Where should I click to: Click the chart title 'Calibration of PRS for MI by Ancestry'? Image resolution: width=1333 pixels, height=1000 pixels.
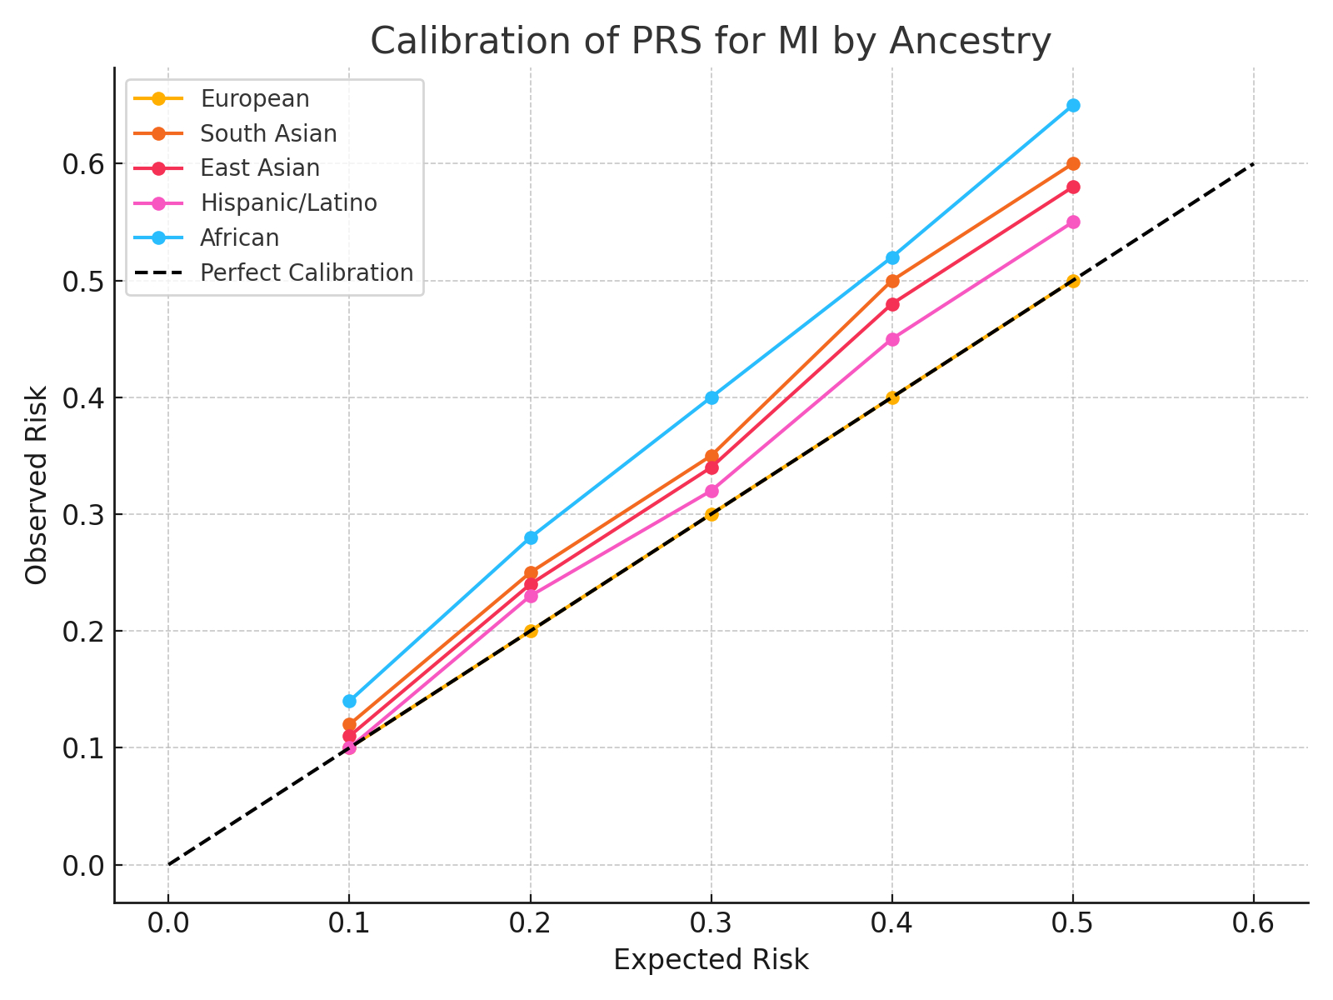(x=711, y=41)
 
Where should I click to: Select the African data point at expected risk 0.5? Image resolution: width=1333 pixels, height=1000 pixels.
(x=1073, y=105)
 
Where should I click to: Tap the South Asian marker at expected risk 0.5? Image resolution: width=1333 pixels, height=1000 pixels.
(x=1073, y=164)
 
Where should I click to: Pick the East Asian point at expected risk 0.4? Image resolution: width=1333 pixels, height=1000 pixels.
(x=892, y=304)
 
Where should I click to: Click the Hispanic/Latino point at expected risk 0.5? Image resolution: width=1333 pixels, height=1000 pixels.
(x=1073, y=222)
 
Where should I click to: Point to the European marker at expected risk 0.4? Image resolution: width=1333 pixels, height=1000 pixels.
(x=892, y=397)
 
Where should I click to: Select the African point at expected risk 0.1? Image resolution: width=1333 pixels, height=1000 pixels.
(x=349, y=701)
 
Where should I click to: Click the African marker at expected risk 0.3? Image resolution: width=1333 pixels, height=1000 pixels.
(x=711, y=397)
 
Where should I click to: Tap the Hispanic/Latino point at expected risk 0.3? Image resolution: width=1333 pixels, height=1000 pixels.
(x=711, y=491)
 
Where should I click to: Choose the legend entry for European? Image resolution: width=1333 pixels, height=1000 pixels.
(x=254, y=98)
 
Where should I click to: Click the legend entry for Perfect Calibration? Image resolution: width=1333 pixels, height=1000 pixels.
(x=306, y=273)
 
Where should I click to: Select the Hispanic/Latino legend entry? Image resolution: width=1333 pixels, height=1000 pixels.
(x=288, y=203)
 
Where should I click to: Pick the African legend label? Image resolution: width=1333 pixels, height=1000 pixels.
(x=239, y=238)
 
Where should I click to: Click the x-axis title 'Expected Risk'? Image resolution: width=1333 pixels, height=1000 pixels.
(x=711, y=960)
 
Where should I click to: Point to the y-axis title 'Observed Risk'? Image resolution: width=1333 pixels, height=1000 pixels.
(x=37, y=485)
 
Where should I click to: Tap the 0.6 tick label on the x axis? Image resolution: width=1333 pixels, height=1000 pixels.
(x=1254, y=923)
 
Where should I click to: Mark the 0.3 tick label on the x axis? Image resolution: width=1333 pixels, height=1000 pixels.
(x=711, y=923)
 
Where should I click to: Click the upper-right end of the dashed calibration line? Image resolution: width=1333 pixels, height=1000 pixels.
(x=1253, y=164)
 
